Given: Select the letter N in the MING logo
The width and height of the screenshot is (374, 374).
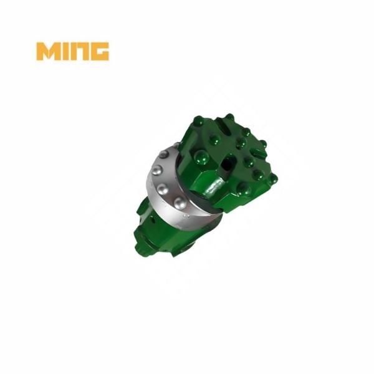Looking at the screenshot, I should [80, 51].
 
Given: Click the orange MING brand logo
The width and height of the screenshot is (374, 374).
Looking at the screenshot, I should [72, 51].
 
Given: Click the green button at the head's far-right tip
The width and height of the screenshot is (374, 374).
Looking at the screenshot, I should [272, 178].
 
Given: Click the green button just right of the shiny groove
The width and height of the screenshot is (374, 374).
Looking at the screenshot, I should [244, 187].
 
